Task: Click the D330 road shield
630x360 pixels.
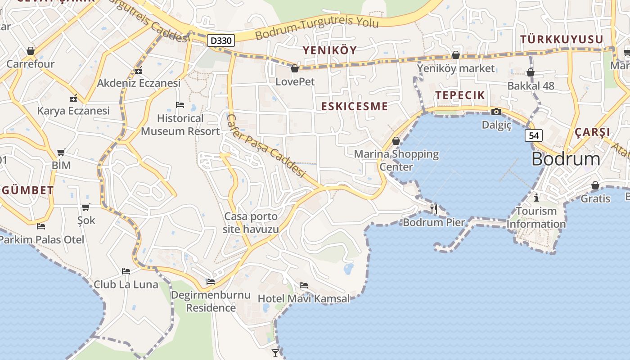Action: point(221,41)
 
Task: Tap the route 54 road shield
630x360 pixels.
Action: point(533,135)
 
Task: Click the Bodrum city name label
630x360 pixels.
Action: point(566,159)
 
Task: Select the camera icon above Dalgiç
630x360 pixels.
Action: point(496,112)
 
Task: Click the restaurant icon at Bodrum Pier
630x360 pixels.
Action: point(434,208)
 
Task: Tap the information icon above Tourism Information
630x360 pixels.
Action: point(536,198)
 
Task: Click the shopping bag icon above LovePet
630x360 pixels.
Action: point(295,68)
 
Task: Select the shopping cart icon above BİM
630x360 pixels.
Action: point(61,152)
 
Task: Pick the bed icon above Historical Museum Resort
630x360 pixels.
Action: point(180,105)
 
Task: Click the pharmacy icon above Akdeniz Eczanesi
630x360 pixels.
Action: point(139,70)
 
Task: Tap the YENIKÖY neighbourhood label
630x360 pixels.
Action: point(329,50)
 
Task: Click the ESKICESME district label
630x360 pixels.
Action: point(355,106)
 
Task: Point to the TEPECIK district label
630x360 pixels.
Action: point(460,95)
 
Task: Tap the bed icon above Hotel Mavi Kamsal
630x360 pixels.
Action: point(304,285)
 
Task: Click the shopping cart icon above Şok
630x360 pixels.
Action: point(86,207)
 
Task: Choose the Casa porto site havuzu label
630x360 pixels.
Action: point(251,223)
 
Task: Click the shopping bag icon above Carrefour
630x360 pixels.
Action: point(31,50)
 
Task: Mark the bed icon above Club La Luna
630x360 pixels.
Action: point(126,271)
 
